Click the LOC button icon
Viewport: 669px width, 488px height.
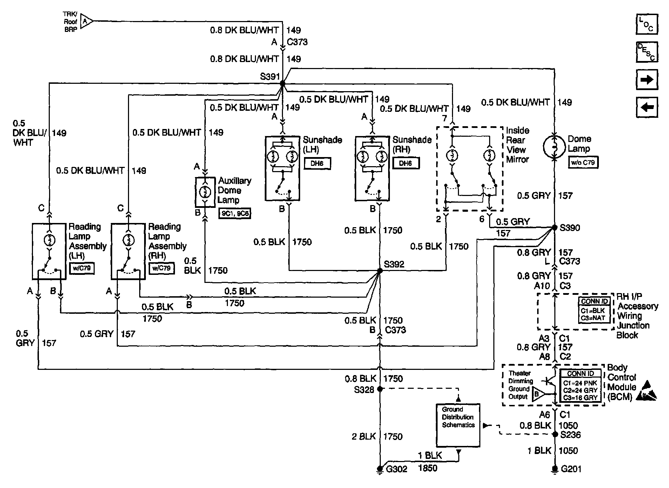click(x=647, y=24)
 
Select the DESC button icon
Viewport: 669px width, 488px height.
click(x=647, y=52)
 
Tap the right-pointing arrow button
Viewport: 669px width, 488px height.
click(x=647, y=80)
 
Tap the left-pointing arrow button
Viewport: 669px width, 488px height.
click(x=647, y=107)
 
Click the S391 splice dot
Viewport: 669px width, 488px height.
click(x=282, y=83)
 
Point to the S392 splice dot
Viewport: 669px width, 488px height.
click(x=379, y=271)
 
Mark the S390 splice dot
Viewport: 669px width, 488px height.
click(x=555, y=228)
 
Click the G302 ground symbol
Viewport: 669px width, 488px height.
click(x=379, y=468)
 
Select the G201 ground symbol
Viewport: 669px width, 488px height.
click(x=555, y=468)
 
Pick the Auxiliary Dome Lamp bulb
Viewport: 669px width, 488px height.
click(x=205, y=192)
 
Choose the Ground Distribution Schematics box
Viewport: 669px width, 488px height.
click(x=458, y=425)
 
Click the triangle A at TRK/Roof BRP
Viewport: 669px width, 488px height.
click(x=86, y=21)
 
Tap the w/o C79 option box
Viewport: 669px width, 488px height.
click(x=583, y=162)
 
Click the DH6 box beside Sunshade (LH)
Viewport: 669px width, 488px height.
click(x=317, y=163)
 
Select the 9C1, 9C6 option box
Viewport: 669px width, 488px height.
click(x=235, y=213)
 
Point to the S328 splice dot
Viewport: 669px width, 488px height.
click(x=379, y=389)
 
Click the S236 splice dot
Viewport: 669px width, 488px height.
click(x=555, y=434)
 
